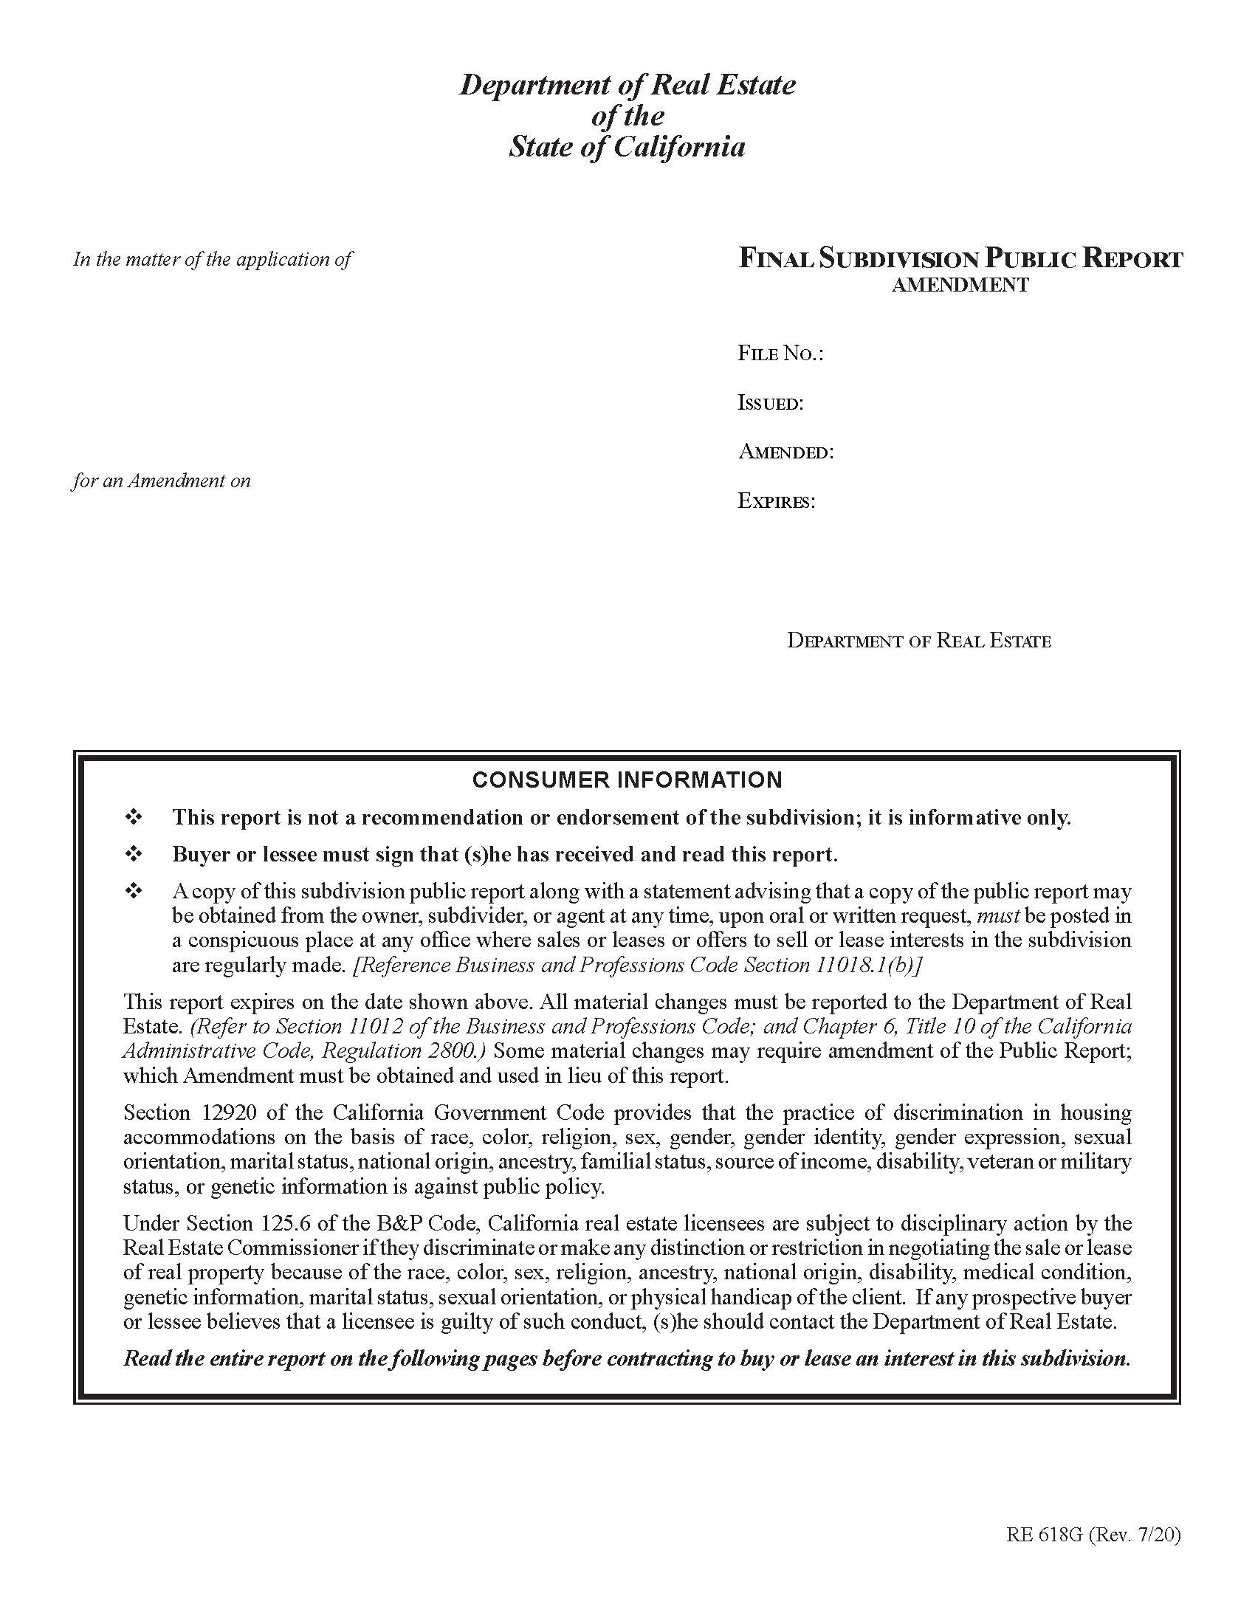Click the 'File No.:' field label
point(780,353)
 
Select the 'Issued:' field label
point(770,403)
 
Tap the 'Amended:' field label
point(785,452)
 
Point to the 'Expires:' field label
point(776,501)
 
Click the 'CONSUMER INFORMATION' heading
point(627,780)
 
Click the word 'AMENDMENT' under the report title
point(960,285)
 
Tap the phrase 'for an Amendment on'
point(162,481)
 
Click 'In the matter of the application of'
point(213,260)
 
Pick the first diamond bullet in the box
point(134,817)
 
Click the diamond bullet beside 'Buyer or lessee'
point(134,854)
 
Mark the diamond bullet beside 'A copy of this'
point(134,891)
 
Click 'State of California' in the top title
point(627,146)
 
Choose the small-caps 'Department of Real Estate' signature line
point(919,640)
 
